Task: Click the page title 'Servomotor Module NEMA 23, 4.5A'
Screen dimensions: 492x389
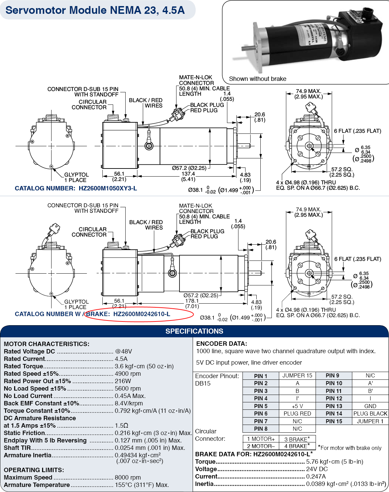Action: (95, 10)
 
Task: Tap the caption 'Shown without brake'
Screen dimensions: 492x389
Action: (258, 79)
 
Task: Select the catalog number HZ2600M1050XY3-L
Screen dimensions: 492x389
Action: (108, 188)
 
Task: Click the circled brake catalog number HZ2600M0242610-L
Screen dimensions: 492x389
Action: (141, 314)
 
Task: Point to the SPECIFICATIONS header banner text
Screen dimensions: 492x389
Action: (194, 331)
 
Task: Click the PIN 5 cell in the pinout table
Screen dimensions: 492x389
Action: (261, 406)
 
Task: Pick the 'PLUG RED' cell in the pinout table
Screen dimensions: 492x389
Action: (297, 413)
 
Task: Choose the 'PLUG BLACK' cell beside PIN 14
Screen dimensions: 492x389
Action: (370, 413)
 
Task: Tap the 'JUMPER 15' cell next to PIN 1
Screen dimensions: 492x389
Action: (297, 375)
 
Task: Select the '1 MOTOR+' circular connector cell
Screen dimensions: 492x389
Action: (261, 439)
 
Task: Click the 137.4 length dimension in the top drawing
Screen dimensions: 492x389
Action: (188, 174)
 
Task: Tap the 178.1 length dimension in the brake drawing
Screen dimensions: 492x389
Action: (192, 301)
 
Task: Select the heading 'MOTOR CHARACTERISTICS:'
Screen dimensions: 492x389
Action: (46, 344)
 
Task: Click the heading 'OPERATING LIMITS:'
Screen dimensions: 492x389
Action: (34, 470)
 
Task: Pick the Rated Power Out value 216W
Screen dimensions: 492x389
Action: (123, 381)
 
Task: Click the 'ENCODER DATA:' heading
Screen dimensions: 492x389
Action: (222, 344)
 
